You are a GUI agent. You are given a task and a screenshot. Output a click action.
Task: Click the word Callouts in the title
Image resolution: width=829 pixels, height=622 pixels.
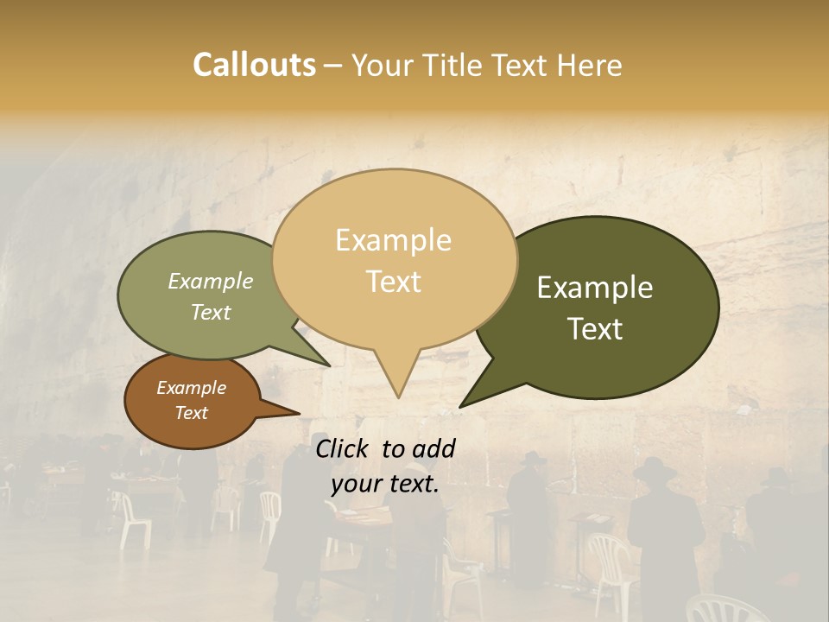(x=254, y=65)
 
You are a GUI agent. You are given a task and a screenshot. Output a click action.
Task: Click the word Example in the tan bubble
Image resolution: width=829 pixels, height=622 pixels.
(x=393, y=240)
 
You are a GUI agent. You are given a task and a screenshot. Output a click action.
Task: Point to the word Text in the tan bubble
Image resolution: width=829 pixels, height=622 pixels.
(x=393, y=282)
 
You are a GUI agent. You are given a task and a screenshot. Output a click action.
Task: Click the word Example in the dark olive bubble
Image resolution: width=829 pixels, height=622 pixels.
(x=595, y=288)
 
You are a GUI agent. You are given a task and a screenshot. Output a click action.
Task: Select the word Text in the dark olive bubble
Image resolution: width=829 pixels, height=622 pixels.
(x=595, y=329)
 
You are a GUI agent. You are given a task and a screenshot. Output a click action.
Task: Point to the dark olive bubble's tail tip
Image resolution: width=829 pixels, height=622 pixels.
(x=462, y=405)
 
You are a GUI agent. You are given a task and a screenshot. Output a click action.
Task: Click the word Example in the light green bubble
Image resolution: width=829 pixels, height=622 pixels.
(x=210, y=282)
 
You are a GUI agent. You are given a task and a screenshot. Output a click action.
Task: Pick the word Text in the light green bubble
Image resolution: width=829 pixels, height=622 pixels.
(x=210, y=313)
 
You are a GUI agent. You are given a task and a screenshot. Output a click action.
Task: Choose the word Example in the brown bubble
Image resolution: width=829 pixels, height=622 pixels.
(x=191, y=388)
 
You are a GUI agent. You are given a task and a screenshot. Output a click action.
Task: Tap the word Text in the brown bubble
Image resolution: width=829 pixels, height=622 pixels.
(x=191, y=413)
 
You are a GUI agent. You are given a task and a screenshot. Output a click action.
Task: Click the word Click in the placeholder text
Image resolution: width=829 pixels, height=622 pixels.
(x=344, y=448)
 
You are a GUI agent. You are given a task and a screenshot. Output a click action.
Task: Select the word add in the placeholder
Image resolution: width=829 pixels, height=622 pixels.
(x=433, y=448)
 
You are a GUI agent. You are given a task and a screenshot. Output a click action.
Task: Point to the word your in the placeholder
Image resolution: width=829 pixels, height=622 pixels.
(x=351, y=484)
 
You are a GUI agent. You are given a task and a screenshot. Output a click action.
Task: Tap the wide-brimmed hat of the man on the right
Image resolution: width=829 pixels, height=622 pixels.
(x=655, y=469)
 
